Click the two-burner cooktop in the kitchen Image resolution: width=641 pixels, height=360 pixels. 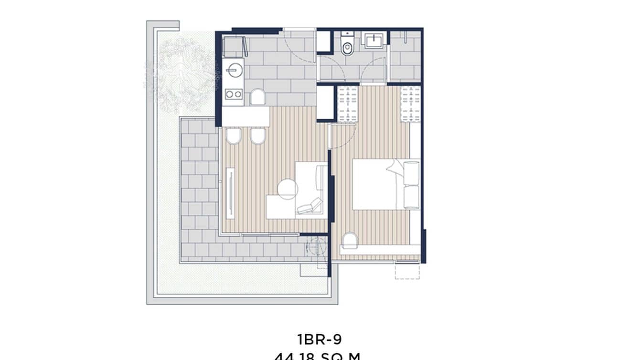click(x=233, y=94)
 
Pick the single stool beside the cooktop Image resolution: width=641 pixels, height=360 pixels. click(x=258, y=97)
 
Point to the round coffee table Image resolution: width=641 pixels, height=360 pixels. click(x=288, y=189)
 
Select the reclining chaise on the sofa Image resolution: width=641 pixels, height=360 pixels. click(x=309, y=206)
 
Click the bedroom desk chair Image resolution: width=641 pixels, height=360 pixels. click(x=350, y=240)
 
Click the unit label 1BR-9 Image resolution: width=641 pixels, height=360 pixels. click(x=319, y=339)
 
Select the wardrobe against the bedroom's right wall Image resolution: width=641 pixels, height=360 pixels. click(x=410, y=104)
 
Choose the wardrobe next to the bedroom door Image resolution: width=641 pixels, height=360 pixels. click(x=348, y=104)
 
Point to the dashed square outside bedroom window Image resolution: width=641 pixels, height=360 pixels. click(x=407, y=271)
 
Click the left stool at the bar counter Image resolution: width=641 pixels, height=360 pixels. click(x=234, y=137)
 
